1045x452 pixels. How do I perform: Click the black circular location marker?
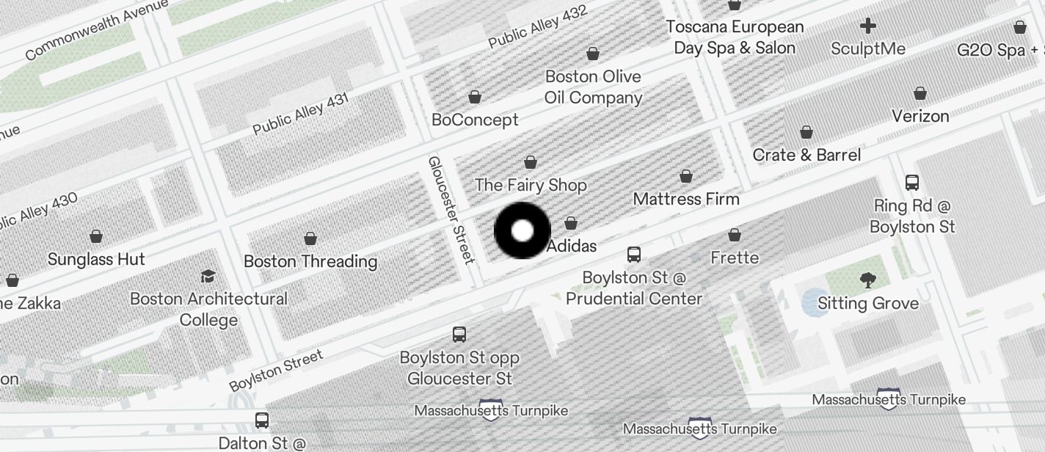pos(522,231)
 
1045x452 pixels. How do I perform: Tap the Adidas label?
pos(572,246)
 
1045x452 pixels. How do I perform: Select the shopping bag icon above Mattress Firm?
pos(686,176)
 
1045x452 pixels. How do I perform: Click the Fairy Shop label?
pos(531,185)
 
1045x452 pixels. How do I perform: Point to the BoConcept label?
pos(475,120)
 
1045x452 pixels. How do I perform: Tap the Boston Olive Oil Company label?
pos(593,87)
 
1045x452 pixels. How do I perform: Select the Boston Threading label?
pos(310,261)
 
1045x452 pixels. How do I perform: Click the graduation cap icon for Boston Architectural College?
pos(208,276)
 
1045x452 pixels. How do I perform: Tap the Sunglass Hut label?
pos(96,259)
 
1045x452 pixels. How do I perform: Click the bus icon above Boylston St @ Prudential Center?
pos(634,255)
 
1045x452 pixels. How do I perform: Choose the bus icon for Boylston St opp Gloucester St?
pos(459,335)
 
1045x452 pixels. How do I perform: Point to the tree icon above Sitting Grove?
pos(868,280)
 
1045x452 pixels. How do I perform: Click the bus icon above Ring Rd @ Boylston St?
pos(912,183)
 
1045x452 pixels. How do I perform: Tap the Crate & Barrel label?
pos(806,155)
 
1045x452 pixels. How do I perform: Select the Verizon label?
pos(920,116)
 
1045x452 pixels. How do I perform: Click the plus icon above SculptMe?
pos(868,26)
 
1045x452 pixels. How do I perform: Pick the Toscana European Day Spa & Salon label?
pos(735,37)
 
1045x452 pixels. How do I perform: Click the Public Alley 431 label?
pos(301,114)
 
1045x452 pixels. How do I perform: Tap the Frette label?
pos(735,258)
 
